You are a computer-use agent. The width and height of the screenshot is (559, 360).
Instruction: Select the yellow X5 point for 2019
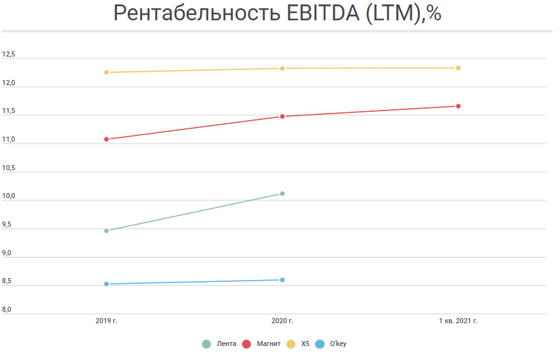coord(106,72)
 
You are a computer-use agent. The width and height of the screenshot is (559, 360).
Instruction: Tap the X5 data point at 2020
coord(282,69)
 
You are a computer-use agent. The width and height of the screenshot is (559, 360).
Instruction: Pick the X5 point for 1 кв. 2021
coord(458,68)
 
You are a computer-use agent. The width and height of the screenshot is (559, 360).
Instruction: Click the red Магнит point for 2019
coord(106,139)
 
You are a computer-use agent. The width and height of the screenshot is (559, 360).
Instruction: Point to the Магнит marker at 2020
coord(282,116)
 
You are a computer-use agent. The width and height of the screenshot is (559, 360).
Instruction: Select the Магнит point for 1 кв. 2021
coord(458,106)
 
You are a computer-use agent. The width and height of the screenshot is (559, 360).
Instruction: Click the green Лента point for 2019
coord(106,230)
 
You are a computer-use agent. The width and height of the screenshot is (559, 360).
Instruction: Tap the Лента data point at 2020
coord(282,194)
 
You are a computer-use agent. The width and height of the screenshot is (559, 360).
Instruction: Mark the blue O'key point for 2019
coord(106,284)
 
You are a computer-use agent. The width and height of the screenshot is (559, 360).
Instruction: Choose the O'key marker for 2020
coord(282,280)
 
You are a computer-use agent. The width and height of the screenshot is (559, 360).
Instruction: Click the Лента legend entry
coord(220,344)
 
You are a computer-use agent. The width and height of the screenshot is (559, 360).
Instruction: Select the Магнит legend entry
coord(262,344)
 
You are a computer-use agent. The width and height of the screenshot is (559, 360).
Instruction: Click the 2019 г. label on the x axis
coord(106,321)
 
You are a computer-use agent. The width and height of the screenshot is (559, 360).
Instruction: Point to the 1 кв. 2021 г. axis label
coord(458,321)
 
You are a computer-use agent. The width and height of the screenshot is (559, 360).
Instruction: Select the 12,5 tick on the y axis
coord(8,55)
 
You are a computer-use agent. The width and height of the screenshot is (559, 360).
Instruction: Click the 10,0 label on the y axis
coord(8,196)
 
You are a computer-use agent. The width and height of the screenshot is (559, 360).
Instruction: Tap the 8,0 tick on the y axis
coord(8,310)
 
